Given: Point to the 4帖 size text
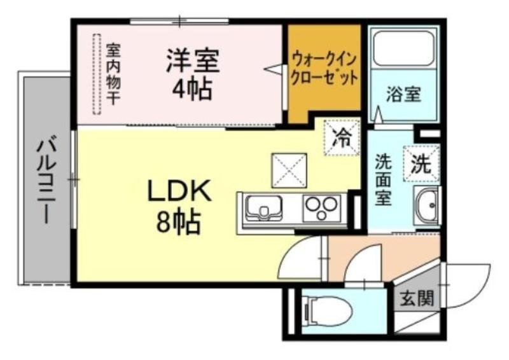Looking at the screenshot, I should (192, 88).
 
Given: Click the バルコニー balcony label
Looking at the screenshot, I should (45, 181).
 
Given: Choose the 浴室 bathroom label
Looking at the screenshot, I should (403, 94).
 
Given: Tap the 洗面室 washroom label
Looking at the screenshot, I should (383, 179).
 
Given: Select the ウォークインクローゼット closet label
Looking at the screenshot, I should (324, 69).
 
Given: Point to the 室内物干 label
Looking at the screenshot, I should (113, 73).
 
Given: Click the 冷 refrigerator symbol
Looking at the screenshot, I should (343, 137).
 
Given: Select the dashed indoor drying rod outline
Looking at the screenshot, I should (97, 74).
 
